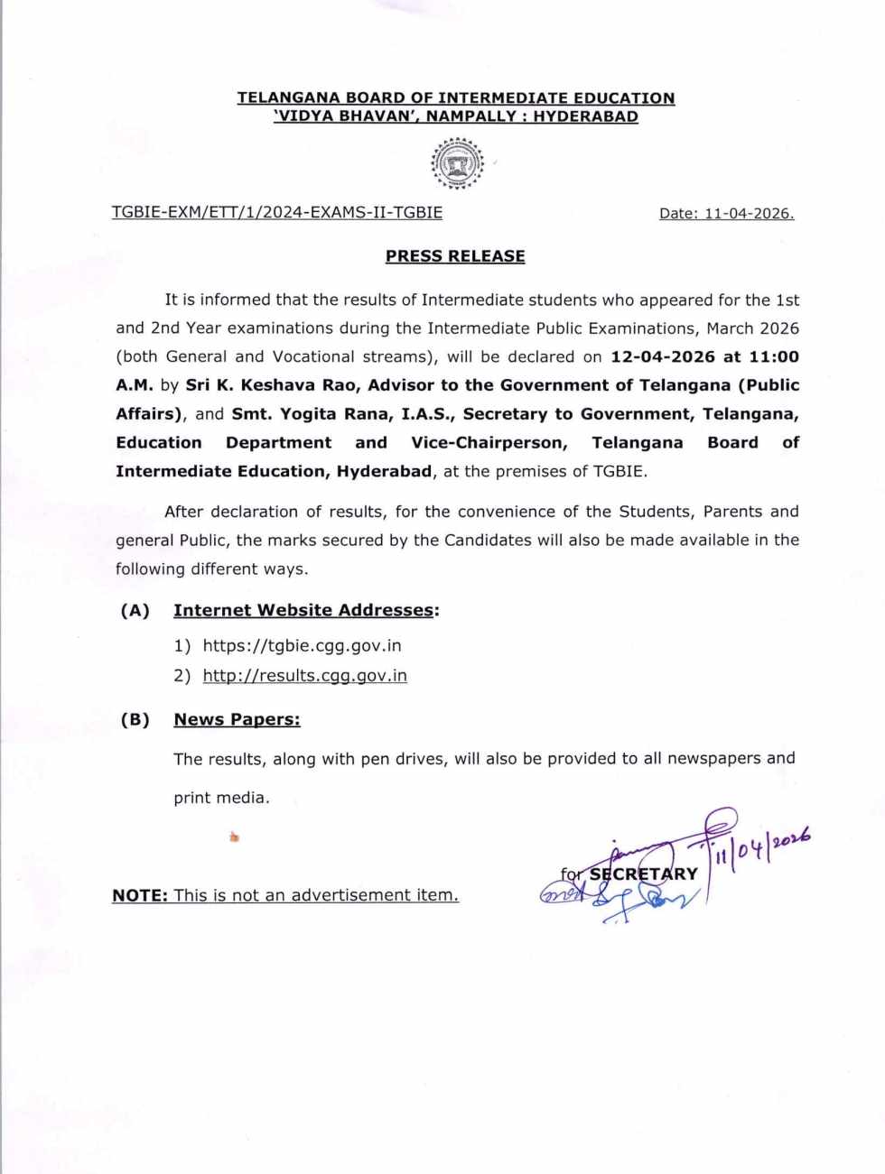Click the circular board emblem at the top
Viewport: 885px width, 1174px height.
[x=457, y=163]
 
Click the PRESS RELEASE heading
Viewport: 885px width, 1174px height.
[x=455, y=256]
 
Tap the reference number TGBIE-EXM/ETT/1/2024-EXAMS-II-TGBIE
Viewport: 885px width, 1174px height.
[x=276, y=212]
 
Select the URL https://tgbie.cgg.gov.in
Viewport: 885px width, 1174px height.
[x=302, y=645]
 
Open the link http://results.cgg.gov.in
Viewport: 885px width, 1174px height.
[x=304, y=675]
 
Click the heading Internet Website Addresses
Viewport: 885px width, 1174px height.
[x=303, y=610]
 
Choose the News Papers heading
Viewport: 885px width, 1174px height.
[x=237, y=719]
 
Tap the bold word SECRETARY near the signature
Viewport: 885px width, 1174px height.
[x=644, y=874]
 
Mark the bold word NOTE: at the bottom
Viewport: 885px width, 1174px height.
[x=140, y=895]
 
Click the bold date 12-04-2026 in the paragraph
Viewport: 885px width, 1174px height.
[x=663, y=356]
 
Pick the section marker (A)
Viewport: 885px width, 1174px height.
[x=135, y=610]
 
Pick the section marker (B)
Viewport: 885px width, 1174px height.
[x=135, y=719]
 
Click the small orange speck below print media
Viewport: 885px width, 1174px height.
[x=234, y=837]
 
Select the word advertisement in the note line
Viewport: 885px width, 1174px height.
[x=351, y=895]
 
